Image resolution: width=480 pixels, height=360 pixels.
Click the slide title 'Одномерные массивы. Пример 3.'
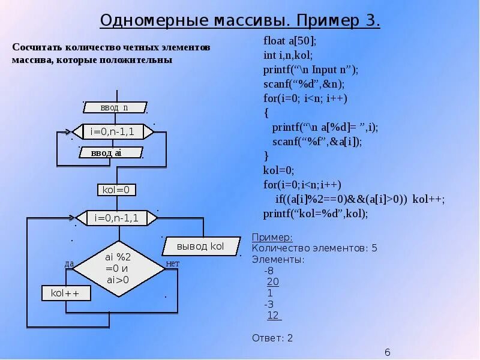(x=240, y=20)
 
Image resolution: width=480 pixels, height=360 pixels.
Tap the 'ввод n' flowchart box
(x=115, y=107)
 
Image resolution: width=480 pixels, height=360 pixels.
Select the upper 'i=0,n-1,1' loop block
(x=112, y=131)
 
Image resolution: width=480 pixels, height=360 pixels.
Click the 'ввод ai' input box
(x=110, y=153)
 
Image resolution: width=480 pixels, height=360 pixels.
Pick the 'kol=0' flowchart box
(x=117, y=190)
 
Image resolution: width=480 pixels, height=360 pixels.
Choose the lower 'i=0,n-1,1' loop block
(x=116, y=218)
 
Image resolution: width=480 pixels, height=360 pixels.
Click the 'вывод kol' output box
(x=200, y=246)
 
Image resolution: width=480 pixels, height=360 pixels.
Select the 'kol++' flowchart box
(x=66, y=293)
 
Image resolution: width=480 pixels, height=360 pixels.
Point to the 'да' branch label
(x=69, y=263)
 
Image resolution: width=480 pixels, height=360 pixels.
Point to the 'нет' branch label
(x=173, y=263)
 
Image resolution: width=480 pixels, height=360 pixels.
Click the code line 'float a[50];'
(x=289, y=41)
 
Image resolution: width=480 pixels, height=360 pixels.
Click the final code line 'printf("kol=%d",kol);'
(x=316, y=214)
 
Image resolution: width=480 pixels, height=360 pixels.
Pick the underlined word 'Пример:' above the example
(x=272, y=238)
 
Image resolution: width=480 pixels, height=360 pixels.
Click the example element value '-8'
(x=269, y=271)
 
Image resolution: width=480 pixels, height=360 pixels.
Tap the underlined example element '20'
(x=273, y=282)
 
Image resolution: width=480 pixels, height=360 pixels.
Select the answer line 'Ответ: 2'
(x=272, y=338)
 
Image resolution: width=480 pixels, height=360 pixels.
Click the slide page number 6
(x=388, y=352)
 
